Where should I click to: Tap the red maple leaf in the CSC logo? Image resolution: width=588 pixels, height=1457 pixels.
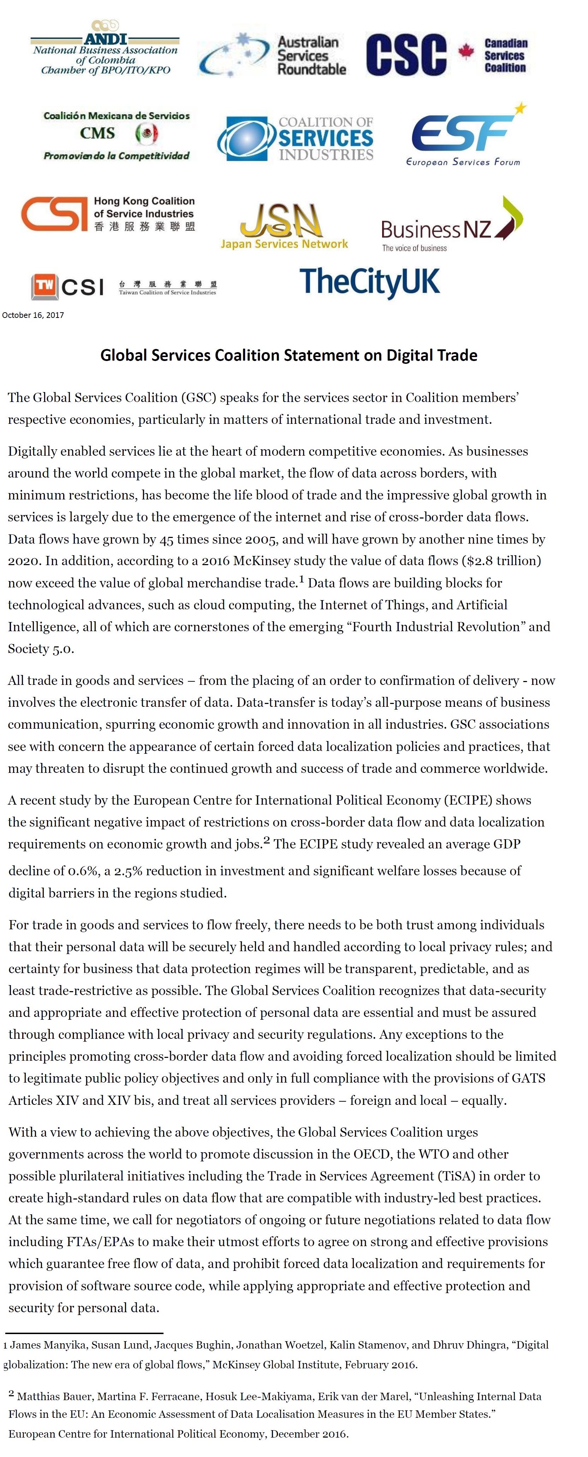466,52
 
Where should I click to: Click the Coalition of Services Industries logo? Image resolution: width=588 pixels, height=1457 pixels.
296,138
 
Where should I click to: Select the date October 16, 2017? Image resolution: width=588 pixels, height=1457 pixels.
33,315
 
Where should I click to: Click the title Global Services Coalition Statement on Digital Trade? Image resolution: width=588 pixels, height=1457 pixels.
288,355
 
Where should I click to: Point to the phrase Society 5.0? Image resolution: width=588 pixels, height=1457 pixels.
41,649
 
